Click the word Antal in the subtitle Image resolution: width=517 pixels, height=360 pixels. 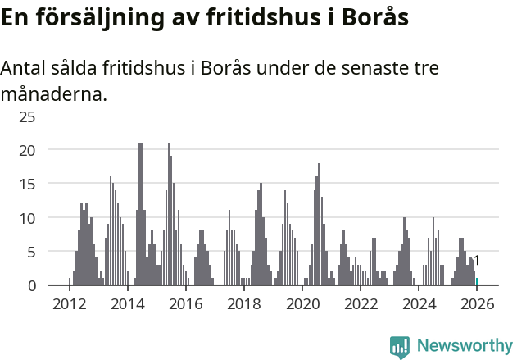click(x=24, y=68)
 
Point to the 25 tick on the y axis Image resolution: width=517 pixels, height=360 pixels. click(x=28, y=116)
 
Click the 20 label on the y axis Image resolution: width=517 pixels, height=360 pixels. click(x=28, y=150)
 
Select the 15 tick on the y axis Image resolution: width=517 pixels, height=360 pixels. click(x=28, y=185)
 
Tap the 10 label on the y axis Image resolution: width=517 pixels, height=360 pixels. click(x=28, y=218)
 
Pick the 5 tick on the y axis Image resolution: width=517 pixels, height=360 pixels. click(x=32, y=252)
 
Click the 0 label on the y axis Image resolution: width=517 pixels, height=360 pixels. click(x=32, y=285)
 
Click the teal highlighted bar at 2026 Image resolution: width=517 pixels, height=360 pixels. click(x=477, y=282)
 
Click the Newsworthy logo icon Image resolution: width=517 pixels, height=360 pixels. click(x=400, y=347)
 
